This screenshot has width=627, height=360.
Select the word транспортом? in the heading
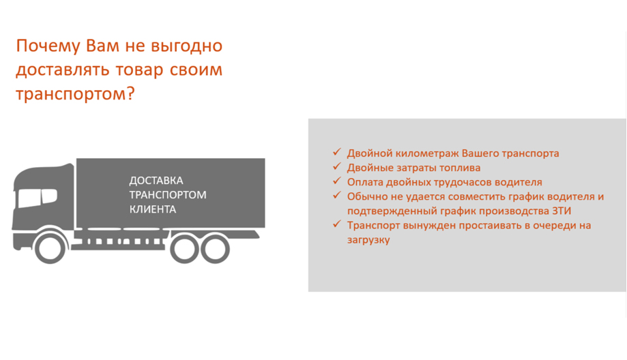point(75,94)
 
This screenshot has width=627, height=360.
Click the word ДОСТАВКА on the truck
point(156,181)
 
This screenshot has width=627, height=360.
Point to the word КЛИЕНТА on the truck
point(152,209)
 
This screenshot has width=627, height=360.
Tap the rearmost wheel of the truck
point(215,249)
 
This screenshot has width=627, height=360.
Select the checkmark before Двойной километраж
point(336,152)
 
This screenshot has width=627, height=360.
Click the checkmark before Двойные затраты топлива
point(336,166)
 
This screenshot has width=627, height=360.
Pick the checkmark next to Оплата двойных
point(336,181)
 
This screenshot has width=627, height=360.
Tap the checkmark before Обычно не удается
point(336,196)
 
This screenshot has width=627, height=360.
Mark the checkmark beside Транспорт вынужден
point(336,224)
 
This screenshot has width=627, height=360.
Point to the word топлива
point(461,168)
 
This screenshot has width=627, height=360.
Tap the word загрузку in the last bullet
point(368,240)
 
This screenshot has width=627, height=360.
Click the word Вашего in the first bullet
point(480,153)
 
